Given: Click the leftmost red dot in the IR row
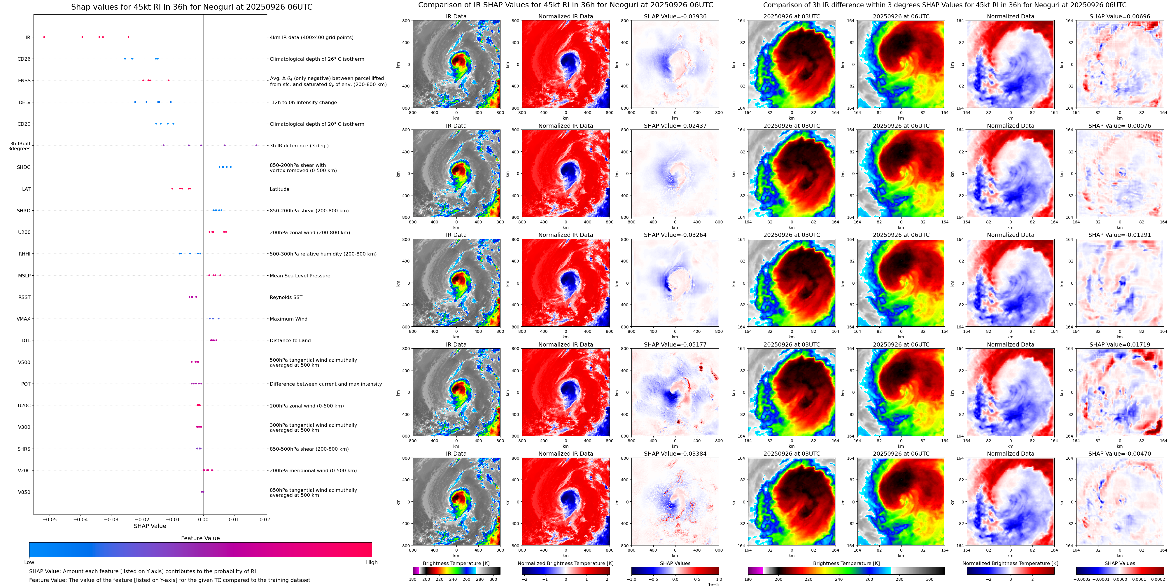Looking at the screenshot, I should [x=44, y=37].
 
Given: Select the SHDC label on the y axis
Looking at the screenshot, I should [x=24, y=167].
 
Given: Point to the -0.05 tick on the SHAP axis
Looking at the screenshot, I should [x=50, y=519].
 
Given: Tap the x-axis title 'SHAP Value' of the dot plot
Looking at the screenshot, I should [x=150, y=526].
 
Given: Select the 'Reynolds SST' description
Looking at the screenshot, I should [x=286, y=297].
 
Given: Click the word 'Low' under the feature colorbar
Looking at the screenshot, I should [x=29, y=562].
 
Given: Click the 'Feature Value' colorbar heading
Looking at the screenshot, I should [x=200, y=538].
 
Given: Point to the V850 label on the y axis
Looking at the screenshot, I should [x=24, y=492].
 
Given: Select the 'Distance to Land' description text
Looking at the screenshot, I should [x=290, y=340].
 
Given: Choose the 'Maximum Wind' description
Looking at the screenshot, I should [x=288, y=319].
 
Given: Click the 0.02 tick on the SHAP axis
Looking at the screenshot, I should [x=264, y=519].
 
